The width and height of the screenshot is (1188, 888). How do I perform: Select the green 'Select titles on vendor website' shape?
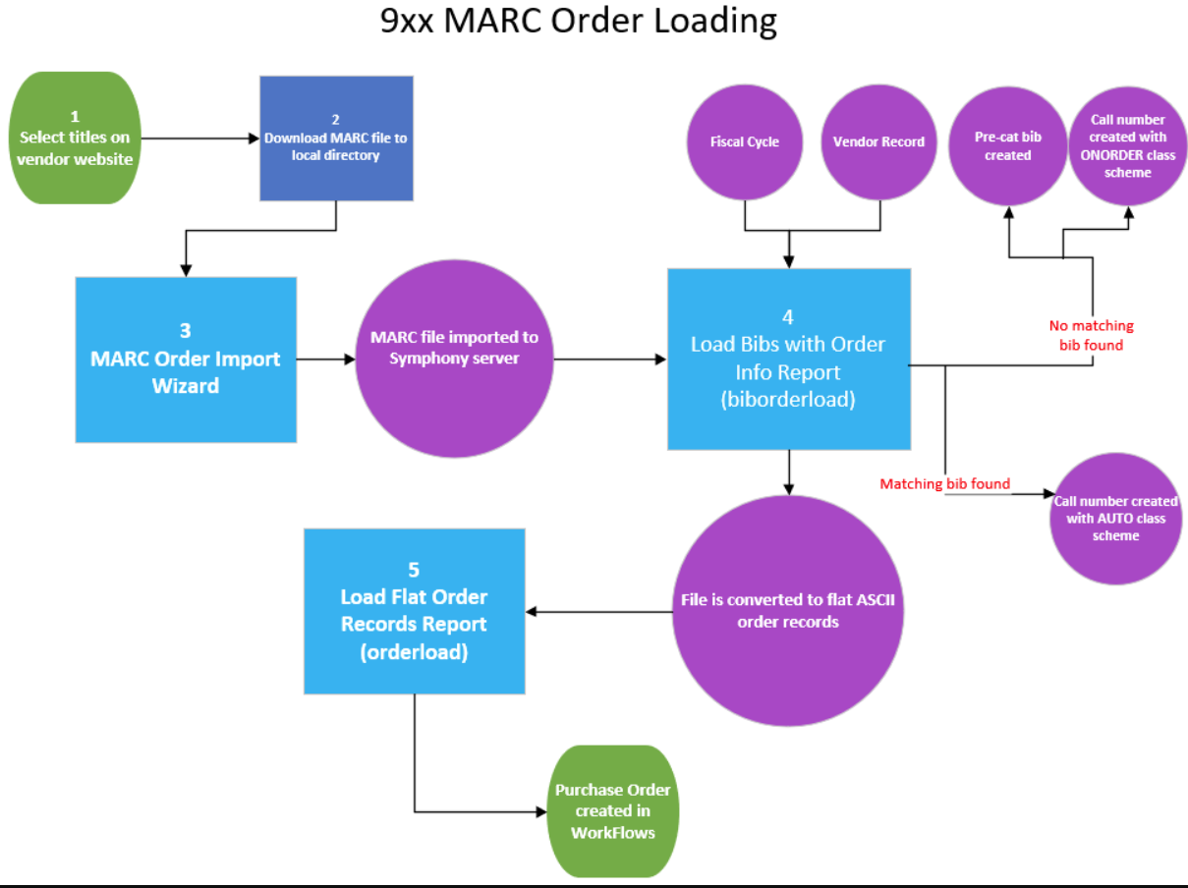pyautogui.click(x=75, y=138)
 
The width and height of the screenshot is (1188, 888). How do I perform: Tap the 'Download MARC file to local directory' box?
pyautogui.click(x=336, y=138)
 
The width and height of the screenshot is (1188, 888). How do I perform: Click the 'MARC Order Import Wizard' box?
pyautogui.click(x=186, y=360)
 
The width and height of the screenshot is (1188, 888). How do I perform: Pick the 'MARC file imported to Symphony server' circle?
pyautogui.click(x=454, y=360)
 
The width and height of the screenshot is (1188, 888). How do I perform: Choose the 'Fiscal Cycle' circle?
pyautogui.click(x=744, y=141)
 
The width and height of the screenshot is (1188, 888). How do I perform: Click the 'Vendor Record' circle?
pyautogui.click(x=877, y=141)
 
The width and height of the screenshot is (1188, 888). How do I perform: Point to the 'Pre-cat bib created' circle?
pyautogui.click(x=1007, y=146)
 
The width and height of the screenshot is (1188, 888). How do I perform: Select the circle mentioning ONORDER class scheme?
pyautogui.click(x=1127, y=146)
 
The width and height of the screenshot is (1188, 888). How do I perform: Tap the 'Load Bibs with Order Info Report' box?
pyautogui.click(x=788, y=360)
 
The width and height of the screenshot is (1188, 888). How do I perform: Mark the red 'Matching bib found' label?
pyautogui.click(x=944, y=483)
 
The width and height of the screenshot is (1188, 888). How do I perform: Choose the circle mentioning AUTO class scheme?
pyautogui.click(x=1115, y=518)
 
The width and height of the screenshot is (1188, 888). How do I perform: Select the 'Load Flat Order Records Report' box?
pyautogui.click(x=414, y=611)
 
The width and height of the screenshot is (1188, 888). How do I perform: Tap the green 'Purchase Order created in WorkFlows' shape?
pyautogui.click(x=612, y=811)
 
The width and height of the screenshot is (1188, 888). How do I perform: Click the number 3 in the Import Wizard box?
pyautogui.click(x=185, y=331)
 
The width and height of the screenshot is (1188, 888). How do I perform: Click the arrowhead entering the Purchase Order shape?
pyautogui.click(x=541, y=812)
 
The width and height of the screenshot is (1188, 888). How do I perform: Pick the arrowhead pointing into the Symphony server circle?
pyautogui.click(x=349, y=360)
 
